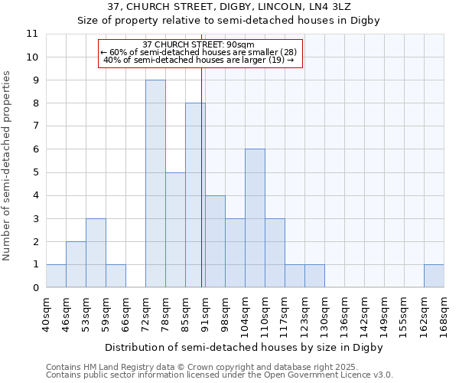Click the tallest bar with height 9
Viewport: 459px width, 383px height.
pos(155,184)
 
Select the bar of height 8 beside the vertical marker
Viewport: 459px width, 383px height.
pos(195,195)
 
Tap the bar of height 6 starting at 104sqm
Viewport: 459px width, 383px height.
pos(255,218)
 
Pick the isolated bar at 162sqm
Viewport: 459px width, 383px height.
pos(434,276)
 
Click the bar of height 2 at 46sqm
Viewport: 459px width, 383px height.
pos(76,264)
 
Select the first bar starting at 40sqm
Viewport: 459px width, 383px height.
pos(56,276)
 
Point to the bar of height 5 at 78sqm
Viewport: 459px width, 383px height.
pos(175,230)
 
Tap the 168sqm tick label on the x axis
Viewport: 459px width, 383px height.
pos(444,315)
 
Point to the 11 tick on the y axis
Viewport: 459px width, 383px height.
pos(32,34)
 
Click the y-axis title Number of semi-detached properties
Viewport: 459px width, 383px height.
pos(8,165)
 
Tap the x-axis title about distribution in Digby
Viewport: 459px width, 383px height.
pos(243,347)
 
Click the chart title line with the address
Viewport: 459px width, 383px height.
pos(229,6)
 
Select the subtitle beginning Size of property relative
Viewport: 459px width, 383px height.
pos(229,20)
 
